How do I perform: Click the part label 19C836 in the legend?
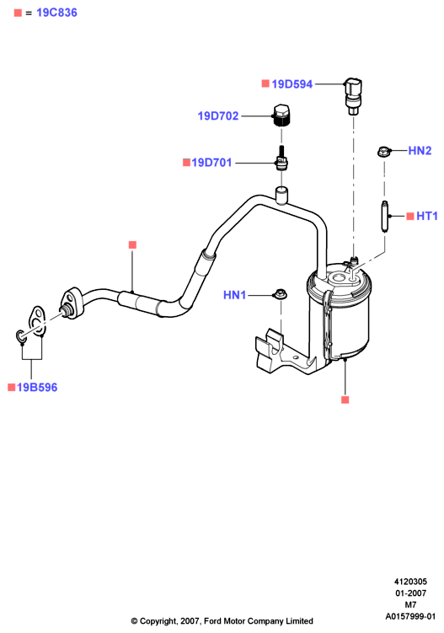point(56,13)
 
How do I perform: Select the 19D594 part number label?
point(292,84)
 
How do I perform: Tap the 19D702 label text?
point(218,115)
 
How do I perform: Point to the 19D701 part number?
point(211,163)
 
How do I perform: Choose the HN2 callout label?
point(420,151)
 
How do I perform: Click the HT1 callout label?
point(427,216)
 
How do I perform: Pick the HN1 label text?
point(234,295)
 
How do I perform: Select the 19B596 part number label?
point(37,388)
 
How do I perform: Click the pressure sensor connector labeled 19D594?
point(353,96)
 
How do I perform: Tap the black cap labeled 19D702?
point(282,115)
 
